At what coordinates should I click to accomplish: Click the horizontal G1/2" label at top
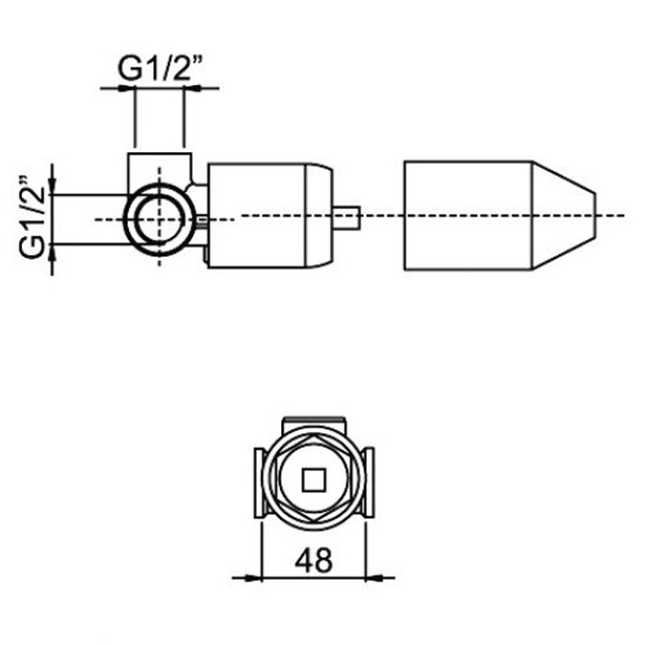pos(160,68)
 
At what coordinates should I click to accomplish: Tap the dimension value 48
pos(313,560)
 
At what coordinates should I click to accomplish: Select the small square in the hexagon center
pos(314,480)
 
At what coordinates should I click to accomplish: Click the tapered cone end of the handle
pos(564,216)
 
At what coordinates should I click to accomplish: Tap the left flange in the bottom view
pos(259,483)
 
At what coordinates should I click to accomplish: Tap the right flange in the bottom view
pos(369,483)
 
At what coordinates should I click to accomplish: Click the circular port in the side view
pos(125,219)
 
